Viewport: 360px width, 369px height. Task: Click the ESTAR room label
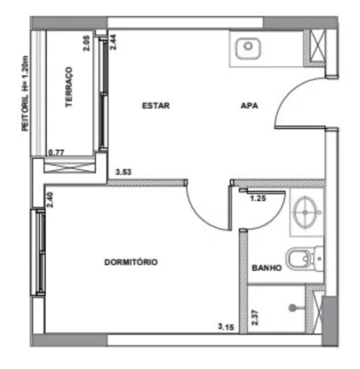click(x=156, y=106)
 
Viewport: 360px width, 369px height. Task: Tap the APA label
click(x=250, y=106)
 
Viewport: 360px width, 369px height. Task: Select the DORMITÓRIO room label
click(x=131, y=262)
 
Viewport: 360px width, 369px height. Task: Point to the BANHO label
click(x=267, y=268)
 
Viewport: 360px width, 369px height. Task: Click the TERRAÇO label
click(x=69, y=87)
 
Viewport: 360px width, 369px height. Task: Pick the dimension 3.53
click(x=123, y=173)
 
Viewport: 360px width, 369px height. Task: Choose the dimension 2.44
click(x=113, y=42)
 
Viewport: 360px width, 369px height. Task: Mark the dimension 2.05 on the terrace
click(x=86, y=43)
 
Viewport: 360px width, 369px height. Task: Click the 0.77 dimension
click(x=56, y=153)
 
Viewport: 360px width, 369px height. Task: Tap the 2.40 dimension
click(x=50, y=200)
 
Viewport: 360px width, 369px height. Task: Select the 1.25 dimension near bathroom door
click(x=258, y=198)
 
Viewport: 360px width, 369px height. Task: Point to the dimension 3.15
click(x=226, y=326)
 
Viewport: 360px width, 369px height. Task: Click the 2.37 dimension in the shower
click(x=255, y=317)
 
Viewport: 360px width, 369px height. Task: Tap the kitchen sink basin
click(x=248, y=49)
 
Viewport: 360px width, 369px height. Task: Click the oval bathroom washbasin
click(x=305, y=213)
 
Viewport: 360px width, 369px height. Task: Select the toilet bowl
click(x=297, y=259)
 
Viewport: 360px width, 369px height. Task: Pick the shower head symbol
click(x=292, y=307)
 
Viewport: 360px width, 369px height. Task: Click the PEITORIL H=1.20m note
click(x=25, y=93)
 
